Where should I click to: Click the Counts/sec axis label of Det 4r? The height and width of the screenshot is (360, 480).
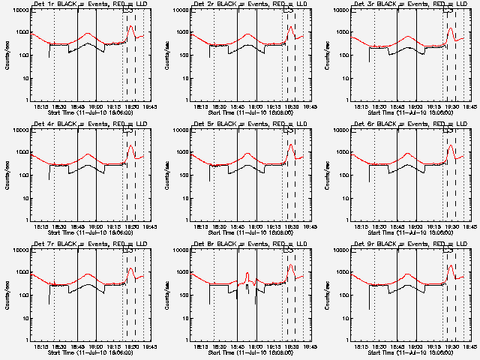tap(6, 175)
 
